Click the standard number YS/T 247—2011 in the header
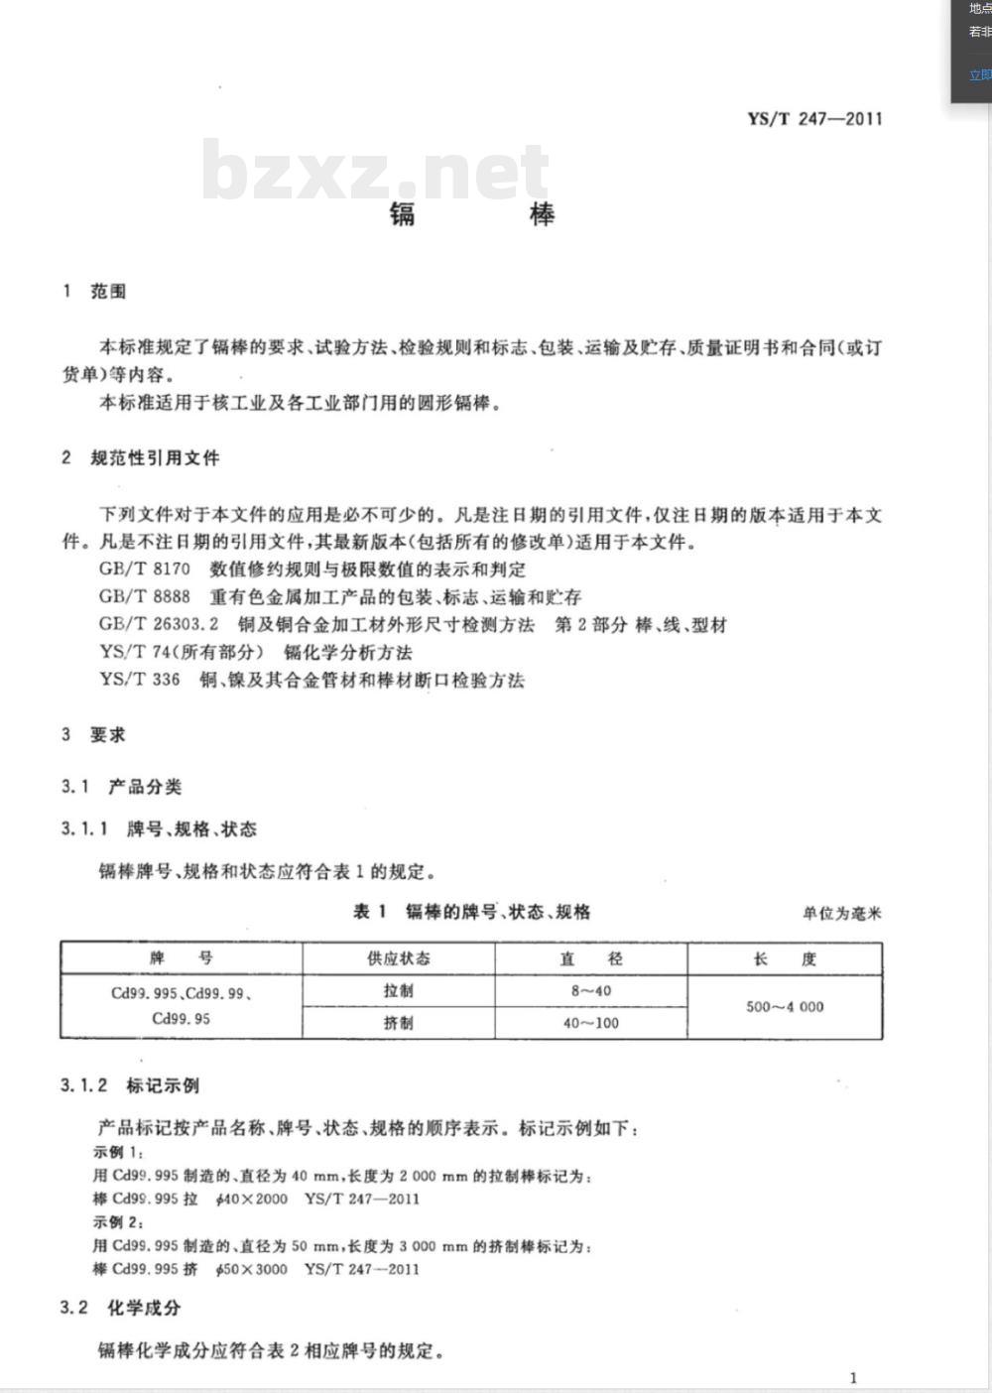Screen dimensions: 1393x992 (x=814, y=119)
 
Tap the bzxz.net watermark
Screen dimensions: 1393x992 (x=375, y=171)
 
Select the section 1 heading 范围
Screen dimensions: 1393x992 (x=108, y=292)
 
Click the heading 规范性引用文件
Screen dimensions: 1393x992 (x=155, y=458)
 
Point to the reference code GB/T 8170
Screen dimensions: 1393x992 (x=145, y=570)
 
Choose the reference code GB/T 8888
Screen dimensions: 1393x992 (x=145, y=597)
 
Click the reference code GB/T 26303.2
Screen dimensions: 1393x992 (x=159, y=625)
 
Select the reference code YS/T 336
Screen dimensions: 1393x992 (x=140, y=681)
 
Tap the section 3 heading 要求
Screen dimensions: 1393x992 (x=108, y=735)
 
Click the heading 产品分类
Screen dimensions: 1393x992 (x=145, y=787)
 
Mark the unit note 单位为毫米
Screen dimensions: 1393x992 (x=841, y=914)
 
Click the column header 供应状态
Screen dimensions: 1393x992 (x=399, y=958)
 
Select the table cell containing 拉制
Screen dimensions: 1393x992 (x=399, y=991)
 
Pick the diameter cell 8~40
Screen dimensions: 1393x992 (x=591, y=991)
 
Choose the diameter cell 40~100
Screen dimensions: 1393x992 (x=591, y=1023)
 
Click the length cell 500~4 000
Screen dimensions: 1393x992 (x=785, y=1007)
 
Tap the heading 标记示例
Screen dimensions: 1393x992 (x=163, y=1085)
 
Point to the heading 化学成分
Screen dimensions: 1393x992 (x=145, y=1308)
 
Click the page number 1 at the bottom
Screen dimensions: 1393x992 (x=853, y=1377)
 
